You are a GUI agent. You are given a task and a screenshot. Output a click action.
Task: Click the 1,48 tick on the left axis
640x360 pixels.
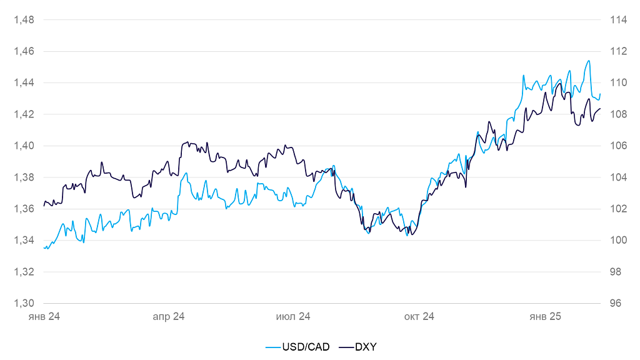24,19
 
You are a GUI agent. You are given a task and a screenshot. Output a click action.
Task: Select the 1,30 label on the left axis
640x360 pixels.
24,303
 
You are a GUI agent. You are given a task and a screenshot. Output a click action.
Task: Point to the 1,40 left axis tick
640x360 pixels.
24,146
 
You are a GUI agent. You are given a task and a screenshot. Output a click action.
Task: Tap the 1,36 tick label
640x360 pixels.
24,209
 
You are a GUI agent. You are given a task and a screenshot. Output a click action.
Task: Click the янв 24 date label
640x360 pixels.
44,317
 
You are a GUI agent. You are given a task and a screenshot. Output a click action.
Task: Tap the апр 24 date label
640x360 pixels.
169,317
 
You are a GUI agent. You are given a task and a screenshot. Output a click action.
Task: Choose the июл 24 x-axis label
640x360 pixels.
294,317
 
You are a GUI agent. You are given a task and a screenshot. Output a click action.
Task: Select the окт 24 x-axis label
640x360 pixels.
419,317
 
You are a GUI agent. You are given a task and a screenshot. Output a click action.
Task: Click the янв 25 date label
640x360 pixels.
545,317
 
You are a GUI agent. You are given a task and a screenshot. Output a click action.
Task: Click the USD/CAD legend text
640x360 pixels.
306,346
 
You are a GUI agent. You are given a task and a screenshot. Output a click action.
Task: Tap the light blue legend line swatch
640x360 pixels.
272,346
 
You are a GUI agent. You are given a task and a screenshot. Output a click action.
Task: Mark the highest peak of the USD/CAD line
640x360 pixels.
589,61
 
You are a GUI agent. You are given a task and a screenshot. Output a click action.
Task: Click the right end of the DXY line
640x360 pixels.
600,109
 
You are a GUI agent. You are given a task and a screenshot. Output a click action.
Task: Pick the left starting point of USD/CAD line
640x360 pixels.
44,247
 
